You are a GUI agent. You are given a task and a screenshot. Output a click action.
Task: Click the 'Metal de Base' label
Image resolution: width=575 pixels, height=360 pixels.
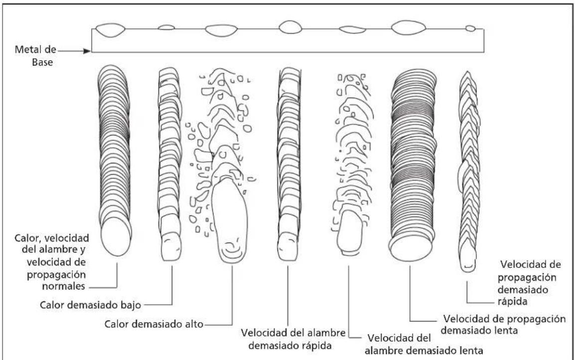coord(35,56)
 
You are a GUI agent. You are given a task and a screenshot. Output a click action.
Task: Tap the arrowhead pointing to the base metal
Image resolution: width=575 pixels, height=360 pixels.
coord(87,51)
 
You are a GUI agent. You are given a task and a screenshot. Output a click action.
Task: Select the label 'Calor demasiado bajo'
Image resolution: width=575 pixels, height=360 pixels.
coord(90,305)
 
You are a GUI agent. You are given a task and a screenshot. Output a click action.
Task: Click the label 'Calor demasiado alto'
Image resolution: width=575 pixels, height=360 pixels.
coord(153,324)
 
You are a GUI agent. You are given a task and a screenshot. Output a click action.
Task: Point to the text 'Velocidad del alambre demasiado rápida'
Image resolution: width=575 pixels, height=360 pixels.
coord(292,339)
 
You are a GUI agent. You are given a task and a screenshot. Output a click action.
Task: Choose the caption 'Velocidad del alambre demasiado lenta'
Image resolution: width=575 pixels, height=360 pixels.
coord(424,344)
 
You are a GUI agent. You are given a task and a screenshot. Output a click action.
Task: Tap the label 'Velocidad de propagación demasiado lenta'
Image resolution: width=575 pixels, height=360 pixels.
coord(503,325)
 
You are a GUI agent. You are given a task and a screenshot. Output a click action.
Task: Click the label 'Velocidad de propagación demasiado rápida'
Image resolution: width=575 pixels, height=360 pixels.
coord(528,283)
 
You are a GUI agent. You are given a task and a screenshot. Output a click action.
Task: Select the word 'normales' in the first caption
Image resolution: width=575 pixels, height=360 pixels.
coord(63,286)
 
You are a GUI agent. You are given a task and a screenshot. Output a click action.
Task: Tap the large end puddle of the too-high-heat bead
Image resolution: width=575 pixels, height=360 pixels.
coord(230,221)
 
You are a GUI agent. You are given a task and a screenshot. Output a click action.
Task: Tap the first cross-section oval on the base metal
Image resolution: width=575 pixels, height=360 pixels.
coord(111,30)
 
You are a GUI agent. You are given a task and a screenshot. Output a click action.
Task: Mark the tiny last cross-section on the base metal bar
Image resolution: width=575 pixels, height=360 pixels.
coord(470,28)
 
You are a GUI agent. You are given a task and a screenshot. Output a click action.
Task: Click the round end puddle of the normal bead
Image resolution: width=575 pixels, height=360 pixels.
coord(116,237)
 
